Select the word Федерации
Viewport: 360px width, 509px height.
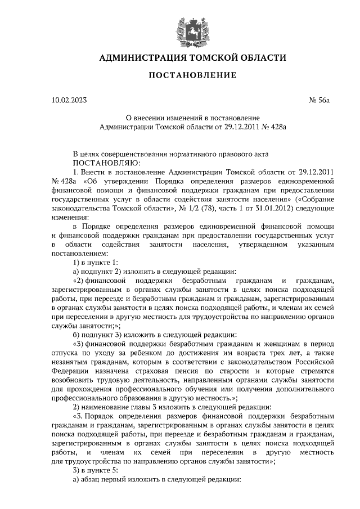(x=70, y=372)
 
